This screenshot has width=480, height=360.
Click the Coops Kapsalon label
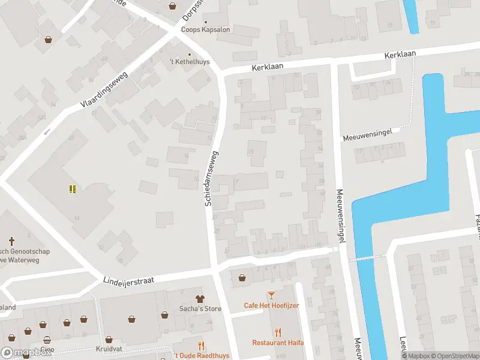coord(206,29)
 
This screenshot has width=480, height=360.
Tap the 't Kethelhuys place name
coord(189,61)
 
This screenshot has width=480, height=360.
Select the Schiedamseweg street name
coord(211,178)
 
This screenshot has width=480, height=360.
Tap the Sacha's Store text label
coord(200,309)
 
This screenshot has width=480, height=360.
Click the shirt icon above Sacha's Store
coord(200,298)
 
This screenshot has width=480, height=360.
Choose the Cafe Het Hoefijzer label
coord(271,305)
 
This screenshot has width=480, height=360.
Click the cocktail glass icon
coord(271,295)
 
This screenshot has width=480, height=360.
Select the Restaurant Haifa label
coord(278,343)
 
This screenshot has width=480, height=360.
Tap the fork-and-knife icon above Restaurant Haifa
coord(278,332)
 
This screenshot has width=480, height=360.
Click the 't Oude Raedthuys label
coord(201,356)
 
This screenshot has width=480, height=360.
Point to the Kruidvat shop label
coord(109,348)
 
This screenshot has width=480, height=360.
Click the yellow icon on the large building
coord(73,190)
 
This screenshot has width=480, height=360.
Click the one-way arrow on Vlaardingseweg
coord(47,131)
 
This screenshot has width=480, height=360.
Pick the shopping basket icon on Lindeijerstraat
coord(242,277)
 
